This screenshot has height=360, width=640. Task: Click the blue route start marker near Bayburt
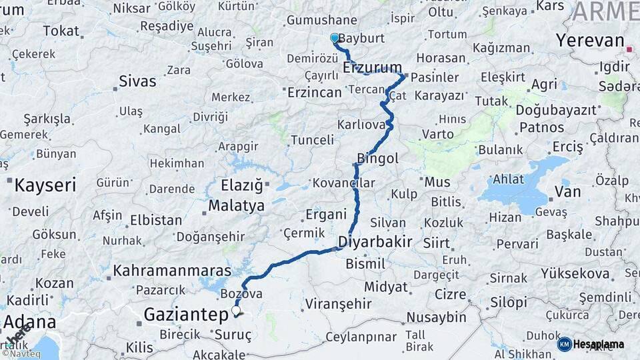(335, 39)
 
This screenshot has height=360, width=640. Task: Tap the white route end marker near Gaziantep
(236, 310)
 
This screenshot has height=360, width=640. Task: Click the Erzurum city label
(373, 67)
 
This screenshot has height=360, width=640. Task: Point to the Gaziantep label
(187, 315)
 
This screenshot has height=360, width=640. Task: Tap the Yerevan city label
(590, 41)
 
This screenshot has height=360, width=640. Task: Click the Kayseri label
(45, 185)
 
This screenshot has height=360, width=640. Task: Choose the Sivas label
(137, 81)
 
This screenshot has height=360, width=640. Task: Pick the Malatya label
(236, 205)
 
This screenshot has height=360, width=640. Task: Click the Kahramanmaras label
(172, 271)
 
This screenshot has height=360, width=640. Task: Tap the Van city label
(568, 193)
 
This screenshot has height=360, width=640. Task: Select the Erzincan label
(314, 93)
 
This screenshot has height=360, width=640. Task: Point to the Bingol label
(378, 158)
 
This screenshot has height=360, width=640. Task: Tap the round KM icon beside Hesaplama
(565, 344)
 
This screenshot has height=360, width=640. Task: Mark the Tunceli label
(312, 140)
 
